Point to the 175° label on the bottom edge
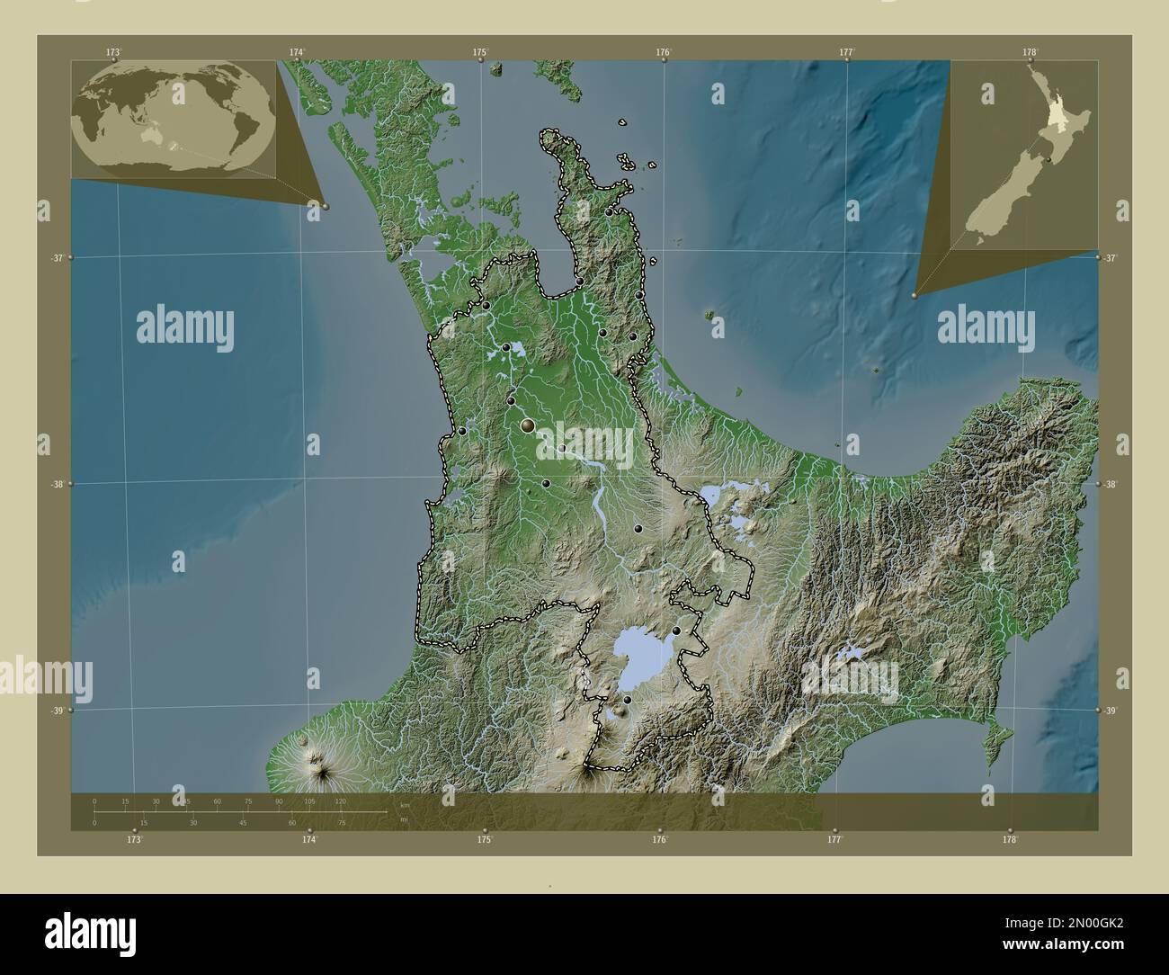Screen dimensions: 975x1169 (485, 840)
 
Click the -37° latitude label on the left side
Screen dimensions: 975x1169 (56, 258)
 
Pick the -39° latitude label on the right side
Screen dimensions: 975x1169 (1111, 711)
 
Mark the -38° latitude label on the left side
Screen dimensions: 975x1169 (56, 484)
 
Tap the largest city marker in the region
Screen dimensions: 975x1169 (528, 425)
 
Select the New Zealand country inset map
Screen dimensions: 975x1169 (1025, 153)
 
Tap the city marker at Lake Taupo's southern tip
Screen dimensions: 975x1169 (627, 700)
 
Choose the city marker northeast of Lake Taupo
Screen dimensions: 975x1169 (676, 631)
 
